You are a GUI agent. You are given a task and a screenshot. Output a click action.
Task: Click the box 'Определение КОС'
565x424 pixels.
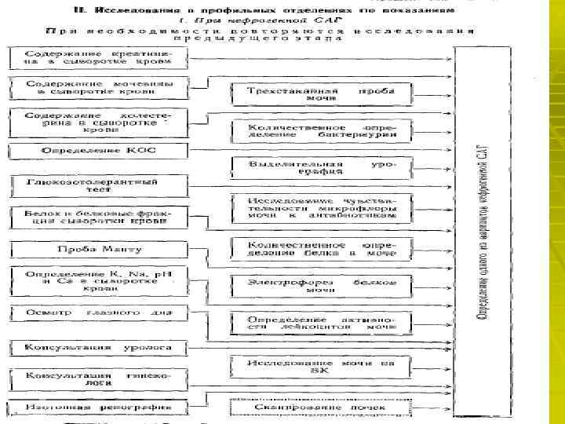tap(98, 150)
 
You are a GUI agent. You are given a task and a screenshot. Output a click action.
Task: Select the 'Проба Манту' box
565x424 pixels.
tap(98, 250)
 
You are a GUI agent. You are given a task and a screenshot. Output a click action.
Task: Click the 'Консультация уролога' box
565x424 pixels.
tap(98, 346)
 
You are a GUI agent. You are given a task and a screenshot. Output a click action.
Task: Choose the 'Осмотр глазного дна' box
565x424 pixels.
tap(98, 312)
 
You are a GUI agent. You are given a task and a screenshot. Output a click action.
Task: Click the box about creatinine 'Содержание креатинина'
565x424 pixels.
tap(98, 57)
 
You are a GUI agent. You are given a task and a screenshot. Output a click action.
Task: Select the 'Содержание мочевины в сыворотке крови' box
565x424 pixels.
tap(98, 86)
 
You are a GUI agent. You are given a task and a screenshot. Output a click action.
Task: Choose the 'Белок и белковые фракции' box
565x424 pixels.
tap(98, 217)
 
